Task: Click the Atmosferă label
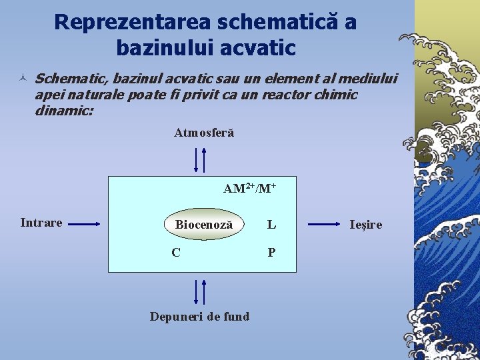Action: [204, 133]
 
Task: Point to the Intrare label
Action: [41, 223]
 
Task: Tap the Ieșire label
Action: [366, 225]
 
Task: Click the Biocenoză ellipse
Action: [203, 225]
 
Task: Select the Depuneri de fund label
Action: [199, 316]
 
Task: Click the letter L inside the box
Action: [271, 225]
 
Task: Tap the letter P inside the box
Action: [271, 252]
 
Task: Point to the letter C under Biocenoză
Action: [175, 252]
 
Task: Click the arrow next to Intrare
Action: [84, 225]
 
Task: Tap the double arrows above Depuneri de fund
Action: [200, 291]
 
